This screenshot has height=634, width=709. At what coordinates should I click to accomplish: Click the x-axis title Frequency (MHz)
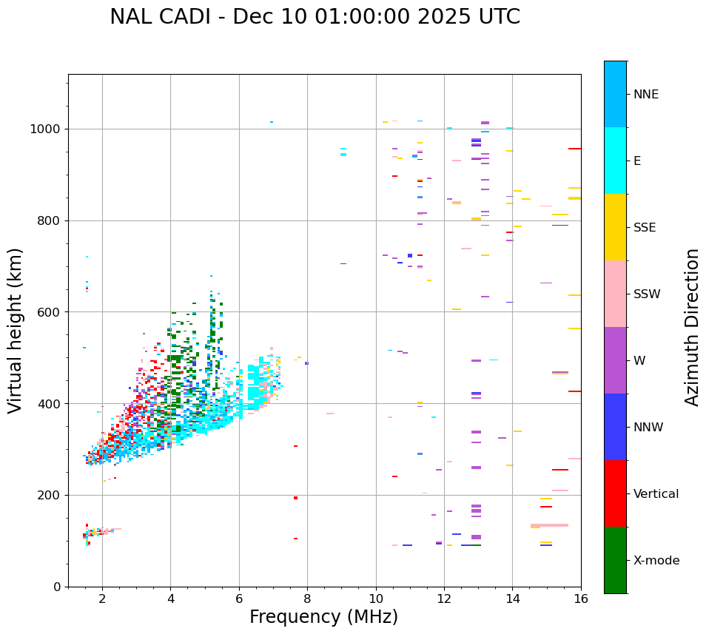pyautogui.click(x=323, y=617)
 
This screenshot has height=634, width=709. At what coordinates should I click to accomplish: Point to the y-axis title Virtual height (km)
pyautogui.click(x=16, y=330)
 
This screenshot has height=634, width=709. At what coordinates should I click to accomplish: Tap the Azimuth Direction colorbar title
pyautogui.click(x=692, y=327)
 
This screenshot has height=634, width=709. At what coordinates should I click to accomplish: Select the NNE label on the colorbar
pyautogui.click(x=645, y=95)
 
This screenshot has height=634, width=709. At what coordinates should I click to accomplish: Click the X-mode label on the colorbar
pyautogui.click(x=656, y=561)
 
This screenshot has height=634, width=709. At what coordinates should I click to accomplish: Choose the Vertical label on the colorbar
pyautogui.click(x=656, y=494)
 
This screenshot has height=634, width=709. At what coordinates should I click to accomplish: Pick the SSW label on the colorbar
pyautogui.click(x=647, y=294)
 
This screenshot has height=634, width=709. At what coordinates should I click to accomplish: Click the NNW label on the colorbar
pyautogui.click(x=648, y=428)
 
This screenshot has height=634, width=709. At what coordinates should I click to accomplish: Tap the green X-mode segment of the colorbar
pyautogui.click(x=615, y=560)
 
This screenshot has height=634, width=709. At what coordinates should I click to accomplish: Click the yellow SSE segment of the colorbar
pyautogui.click(x=615, y=227)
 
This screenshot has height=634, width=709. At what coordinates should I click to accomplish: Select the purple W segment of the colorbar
pyautogui.click(x=615, y=360)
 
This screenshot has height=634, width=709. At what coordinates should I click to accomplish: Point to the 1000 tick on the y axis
pyautogui.click(x=45, y=129)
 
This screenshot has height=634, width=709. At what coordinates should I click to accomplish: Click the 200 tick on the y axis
pyautogui.click(x=49, y=496)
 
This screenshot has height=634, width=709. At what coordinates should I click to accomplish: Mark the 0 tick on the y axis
pyautogui.click(x=56, y=587)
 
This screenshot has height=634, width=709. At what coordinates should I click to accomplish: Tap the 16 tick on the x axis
pyautogui.click(x=581, y=598)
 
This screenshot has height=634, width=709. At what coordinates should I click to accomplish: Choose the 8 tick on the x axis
pyautogui.click(x=307, y=598)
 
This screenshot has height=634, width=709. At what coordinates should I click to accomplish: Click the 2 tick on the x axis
pyautogui.click(x=102, y=598)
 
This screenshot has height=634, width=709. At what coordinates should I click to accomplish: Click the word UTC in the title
pyautogui.click(x=497, y=17)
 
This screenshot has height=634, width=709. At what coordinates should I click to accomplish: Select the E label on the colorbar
pyautogui.click(x=637, y=161)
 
